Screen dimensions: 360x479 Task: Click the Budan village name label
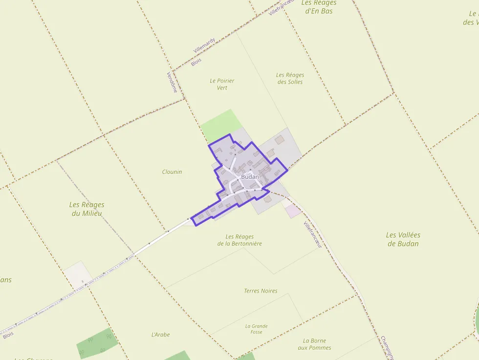point(250,176)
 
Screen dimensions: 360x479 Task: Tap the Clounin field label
point(172,172)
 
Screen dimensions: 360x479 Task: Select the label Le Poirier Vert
point(222,84)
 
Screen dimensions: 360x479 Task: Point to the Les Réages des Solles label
point(290,78)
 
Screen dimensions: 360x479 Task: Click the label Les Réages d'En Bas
point(319,7)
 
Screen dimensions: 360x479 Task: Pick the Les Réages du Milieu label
point(87,209)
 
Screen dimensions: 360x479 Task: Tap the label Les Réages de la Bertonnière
point(239,240)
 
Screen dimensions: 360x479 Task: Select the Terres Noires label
point(261,291)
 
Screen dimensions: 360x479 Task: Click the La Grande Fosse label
point(256,329)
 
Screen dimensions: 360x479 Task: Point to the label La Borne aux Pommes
point(314,344)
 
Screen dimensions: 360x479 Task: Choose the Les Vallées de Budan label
point(403,239)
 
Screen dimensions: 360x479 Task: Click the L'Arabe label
point(161,335)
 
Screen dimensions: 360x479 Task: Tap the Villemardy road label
point(204,45)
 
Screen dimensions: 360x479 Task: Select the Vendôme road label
point(172,82)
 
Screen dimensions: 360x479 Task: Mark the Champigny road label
point(387,347)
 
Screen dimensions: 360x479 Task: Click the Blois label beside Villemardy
point(196,62)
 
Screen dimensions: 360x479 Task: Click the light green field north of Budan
point(221,125)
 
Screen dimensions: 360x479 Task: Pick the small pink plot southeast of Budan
point(293,211)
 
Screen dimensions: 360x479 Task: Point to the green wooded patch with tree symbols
point(97,343)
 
